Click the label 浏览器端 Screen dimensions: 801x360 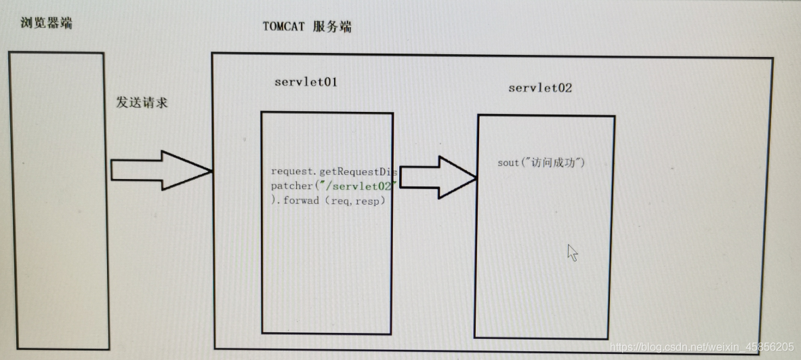click(47, 24)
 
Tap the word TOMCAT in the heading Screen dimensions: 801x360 click(285, 27)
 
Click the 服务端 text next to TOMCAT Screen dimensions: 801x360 click(332, 27)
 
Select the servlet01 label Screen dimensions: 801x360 click(306, 82)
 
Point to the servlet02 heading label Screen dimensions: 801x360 click(540, 88)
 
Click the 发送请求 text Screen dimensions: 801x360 click(142, 103)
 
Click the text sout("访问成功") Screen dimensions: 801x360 click(541, 163)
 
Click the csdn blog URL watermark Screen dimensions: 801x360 click(701, 346)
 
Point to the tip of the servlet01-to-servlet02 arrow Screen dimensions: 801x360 click(474, 178)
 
